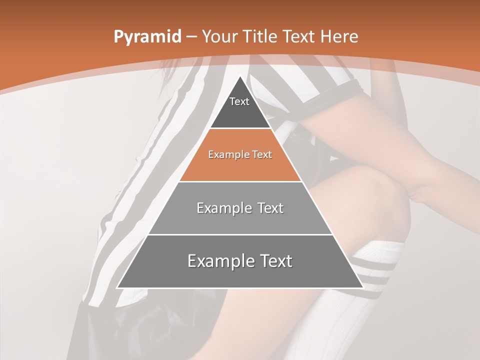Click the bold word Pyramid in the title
[147, 37]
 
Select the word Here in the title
[339, 36]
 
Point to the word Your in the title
[219, 36]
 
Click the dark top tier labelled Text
[239, 107]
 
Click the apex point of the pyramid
[240, 76]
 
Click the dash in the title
[192, 37]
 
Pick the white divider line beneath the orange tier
[240, 181]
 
